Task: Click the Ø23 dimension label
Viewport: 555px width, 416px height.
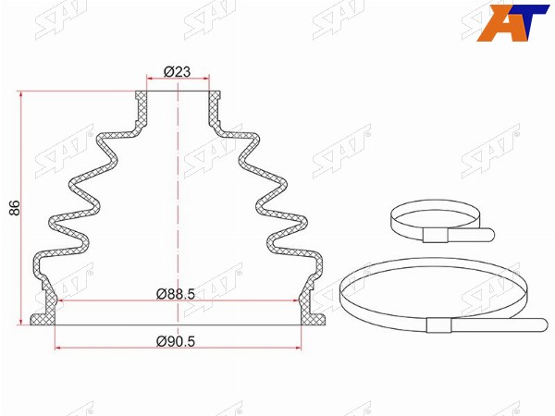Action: click(x=177, y=72)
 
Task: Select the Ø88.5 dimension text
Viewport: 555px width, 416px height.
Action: click(x=176, y=294)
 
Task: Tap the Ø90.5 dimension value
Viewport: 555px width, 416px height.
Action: click(x=176, y=341)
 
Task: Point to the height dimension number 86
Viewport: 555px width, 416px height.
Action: click(x=15, y=208)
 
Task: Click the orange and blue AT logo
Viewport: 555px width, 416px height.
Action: click(x=512, y=22)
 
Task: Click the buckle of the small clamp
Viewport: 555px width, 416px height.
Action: click(x=436, y=235)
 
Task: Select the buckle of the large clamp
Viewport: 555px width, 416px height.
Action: click(x=438, y=325)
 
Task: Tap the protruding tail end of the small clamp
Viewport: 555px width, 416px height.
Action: click(x=489, y=234)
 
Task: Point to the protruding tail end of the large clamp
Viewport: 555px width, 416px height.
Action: click(x=542, y=324)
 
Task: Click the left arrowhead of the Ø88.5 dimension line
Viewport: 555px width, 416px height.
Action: click(x=60, y=300)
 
